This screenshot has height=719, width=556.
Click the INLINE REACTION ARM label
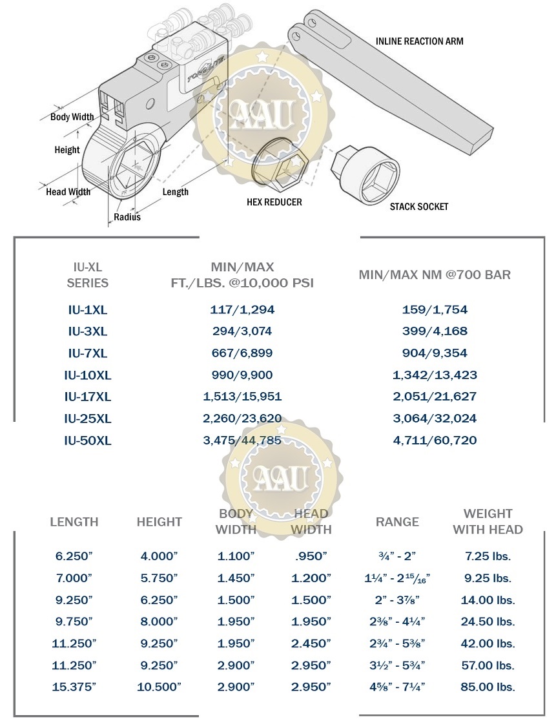point(419,41)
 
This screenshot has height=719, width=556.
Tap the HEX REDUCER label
point(274,202)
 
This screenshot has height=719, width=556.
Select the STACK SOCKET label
point(418,207)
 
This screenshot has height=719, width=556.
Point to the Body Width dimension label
point(72,117)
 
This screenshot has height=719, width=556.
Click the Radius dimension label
point(127,217)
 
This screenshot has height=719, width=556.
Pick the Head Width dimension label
point(68,192)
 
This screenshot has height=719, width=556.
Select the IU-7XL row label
point(88,353)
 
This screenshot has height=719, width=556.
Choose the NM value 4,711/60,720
point(435,441)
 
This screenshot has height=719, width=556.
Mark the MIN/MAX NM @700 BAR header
point(435,275)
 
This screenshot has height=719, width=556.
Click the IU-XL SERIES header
point(88,275)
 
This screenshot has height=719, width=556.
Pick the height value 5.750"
point(159,578)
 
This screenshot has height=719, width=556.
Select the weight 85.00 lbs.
point(488,687)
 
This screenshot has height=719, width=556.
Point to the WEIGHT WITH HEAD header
point(488,521)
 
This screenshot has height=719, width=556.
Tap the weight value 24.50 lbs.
point(488,622)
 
